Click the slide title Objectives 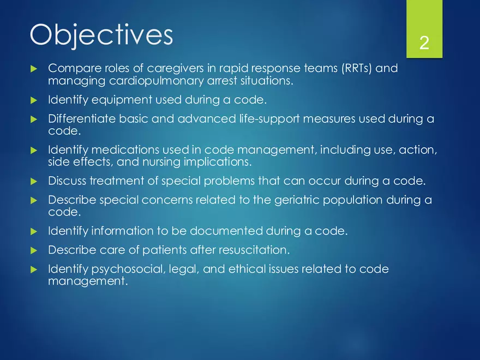point(101,35)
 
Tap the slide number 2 point(424,43)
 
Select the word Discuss point(67,181)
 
